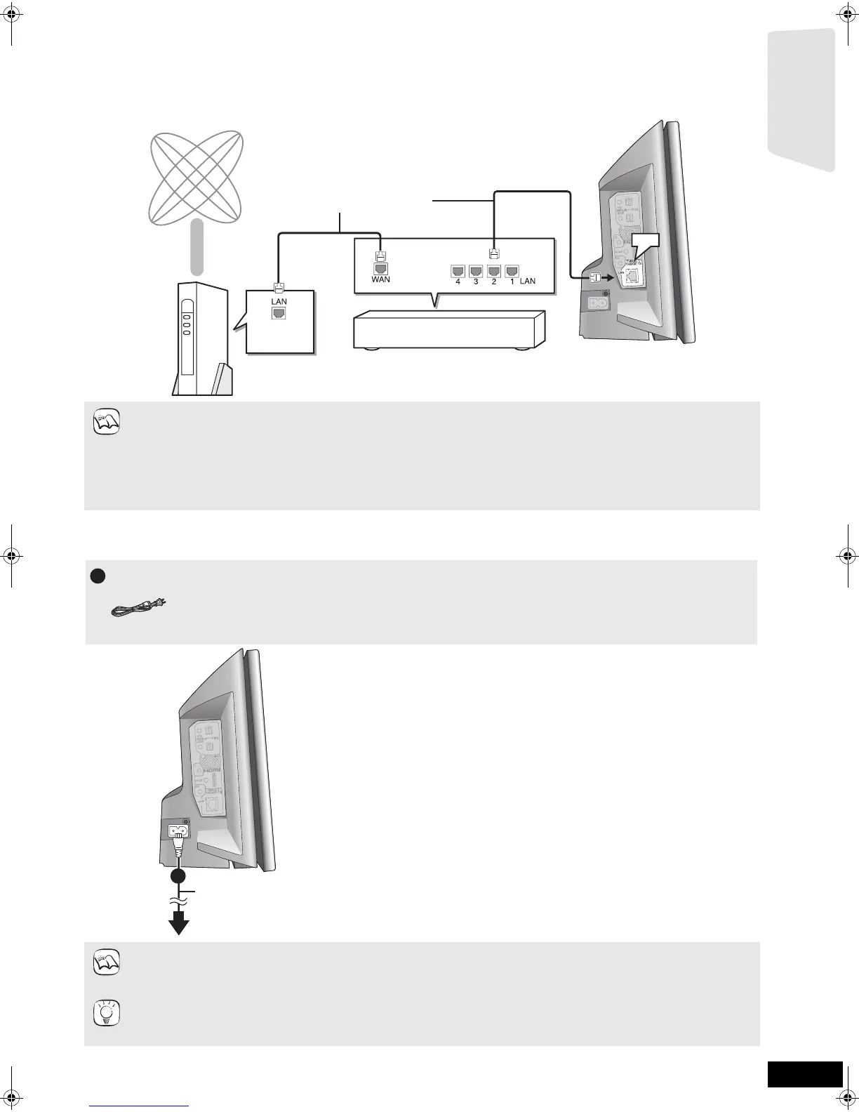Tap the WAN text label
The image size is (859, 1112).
380,279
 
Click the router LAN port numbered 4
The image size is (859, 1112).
458,270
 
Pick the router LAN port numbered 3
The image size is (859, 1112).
476,270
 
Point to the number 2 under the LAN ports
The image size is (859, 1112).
494,281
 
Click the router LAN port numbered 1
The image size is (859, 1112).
512,270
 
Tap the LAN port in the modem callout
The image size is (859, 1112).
279,313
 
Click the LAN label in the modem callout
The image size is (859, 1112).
279,301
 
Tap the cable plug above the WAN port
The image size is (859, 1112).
380,256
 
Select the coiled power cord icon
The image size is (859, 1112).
138,610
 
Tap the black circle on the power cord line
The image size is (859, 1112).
179,876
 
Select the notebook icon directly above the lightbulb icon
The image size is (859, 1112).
107,962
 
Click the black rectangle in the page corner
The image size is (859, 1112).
804,1074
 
